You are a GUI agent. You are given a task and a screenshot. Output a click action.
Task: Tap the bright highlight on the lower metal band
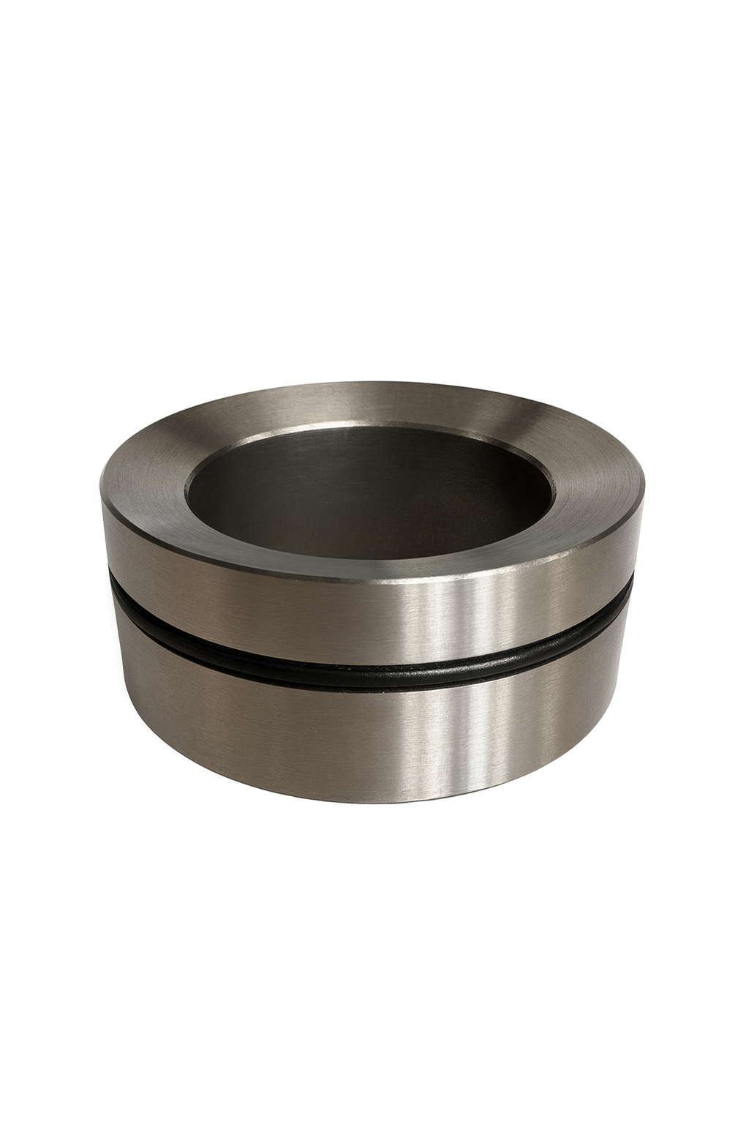446,739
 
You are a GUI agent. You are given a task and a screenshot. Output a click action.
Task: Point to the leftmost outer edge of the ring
100,512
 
